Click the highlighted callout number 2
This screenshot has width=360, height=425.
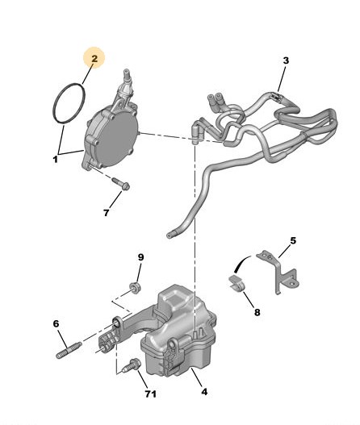coord(94,59)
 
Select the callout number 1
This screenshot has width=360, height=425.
coord(56,159)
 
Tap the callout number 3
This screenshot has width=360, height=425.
coord(286,60)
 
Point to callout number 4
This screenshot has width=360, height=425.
coord(204,392)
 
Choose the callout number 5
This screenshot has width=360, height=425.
coord(293,240)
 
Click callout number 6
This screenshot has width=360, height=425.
coord(56,323)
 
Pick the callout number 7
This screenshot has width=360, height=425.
coord(106,213)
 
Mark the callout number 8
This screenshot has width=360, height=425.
coord(257,313)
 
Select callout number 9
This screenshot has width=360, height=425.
coord(140,257)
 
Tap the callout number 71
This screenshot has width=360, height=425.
coord(151,394)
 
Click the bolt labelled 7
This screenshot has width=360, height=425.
coord(120,183)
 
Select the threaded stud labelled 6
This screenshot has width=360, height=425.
coord(69,350)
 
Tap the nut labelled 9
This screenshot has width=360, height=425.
coord(135,287)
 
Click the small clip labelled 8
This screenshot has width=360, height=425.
coord(237,284)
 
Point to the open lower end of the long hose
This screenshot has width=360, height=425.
coord(170,235)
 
